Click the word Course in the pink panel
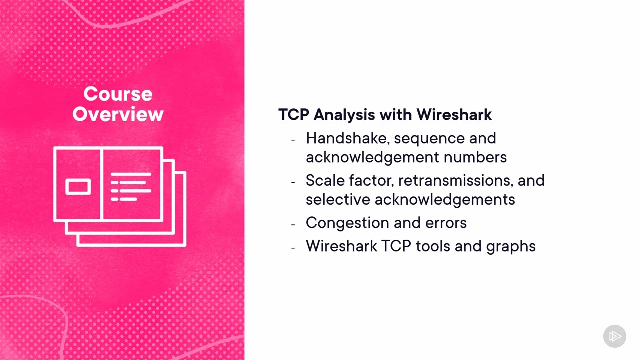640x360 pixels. click(x=118, y=94)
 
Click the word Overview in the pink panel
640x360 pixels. click(x=118, y=114)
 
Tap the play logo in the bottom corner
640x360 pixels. click(x=615, y=336)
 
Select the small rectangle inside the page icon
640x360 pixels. click(x=78, y=187)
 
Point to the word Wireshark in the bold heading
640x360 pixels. click(x=454, y=114)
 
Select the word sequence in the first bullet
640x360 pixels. click(x=429, y=139)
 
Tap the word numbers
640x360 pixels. click(x=475, y=157)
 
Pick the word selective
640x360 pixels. click(x=338, y=199)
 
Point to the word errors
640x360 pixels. click(x=446, y=223)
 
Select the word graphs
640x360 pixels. click(x=511, y=246)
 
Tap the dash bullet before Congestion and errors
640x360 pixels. click(x=293, y=225)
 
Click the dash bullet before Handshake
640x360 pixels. click(x=293, y=140)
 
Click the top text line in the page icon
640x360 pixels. click(x=131, y=174)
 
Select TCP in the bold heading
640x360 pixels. click(x=293, y=115)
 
